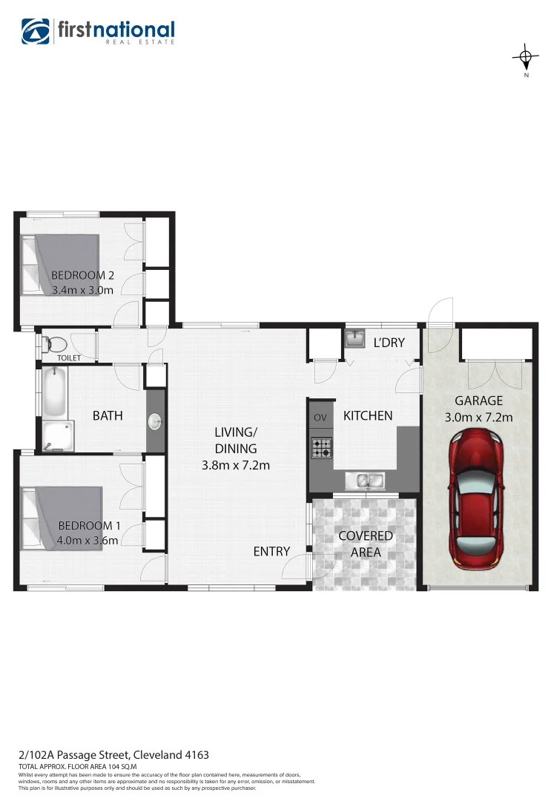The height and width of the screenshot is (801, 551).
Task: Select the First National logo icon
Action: pos(36,31)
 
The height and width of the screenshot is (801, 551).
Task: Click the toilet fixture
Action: pos(53,344)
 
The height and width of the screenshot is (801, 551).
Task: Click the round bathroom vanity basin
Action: pos(156,421)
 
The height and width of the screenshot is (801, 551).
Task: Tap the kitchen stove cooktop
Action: pos(321,447)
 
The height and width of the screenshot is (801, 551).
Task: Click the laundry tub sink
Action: pos(354,339)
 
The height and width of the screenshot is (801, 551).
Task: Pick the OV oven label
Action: pos(320,418)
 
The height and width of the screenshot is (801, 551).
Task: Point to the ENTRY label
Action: pos(271,551)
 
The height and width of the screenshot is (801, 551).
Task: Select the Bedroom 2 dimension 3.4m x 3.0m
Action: pos(82,290)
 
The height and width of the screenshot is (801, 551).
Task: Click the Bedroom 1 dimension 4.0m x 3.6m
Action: pos(87,540)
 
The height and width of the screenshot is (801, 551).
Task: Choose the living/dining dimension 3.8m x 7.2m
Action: pos(235,466)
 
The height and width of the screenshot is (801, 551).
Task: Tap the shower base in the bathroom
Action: pos(57,436)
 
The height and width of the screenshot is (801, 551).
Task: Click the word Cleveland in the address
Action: pos(167,755)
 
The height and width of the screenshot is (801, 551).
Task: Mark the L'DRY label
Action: pos(389,343)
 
